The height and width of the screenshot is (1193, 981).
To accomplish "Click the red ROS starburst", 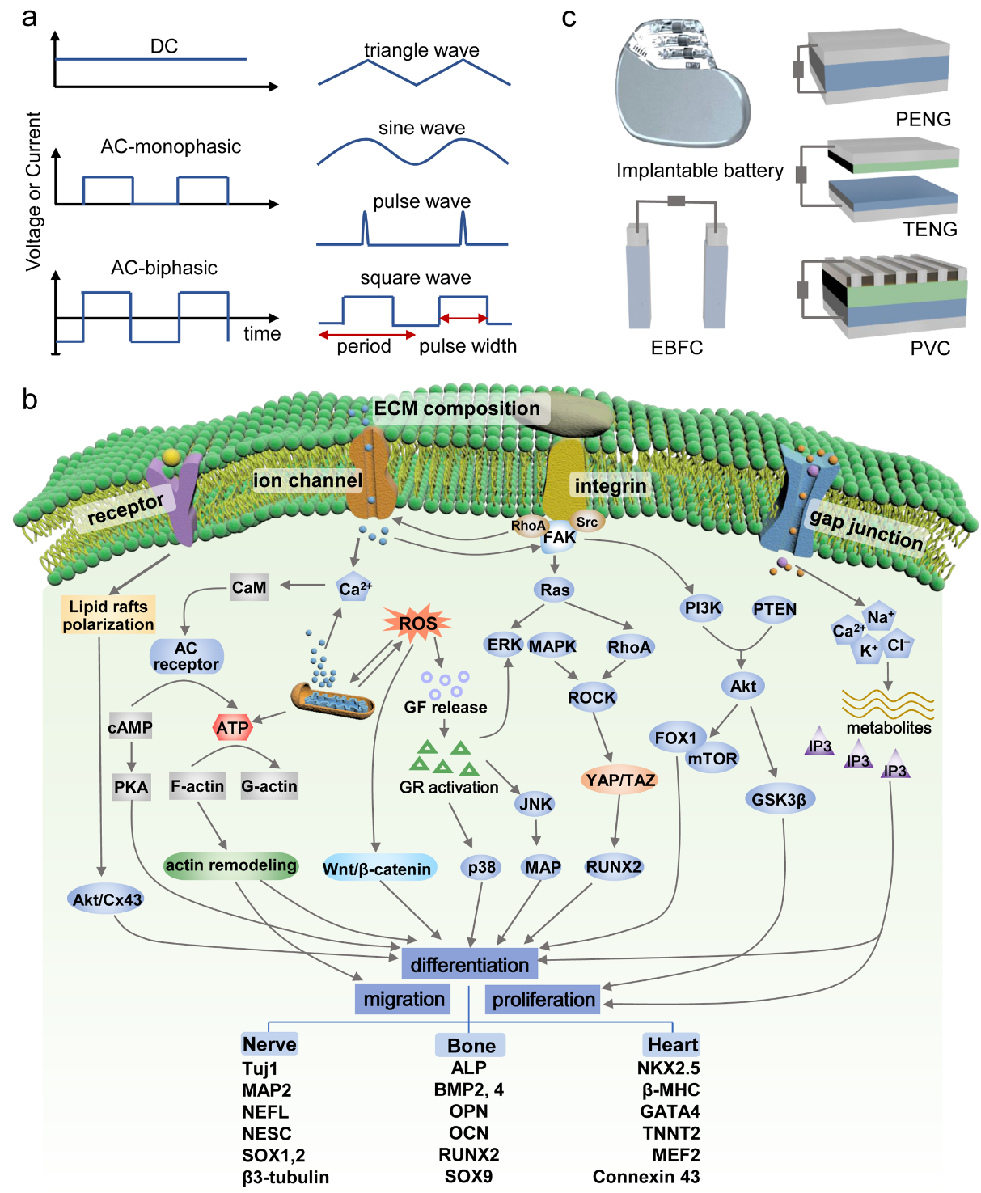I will (417, 624).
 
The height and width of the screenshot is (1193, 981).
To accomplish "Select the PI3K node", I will (702, 608).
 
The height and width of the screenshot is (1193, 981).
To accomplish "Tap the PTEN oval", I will (774, 609).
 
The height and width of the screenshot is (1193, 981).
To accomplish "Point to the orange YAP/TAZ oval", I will (620, 780).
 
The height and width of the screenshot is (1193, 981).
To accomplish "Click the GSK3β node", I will (779, 799).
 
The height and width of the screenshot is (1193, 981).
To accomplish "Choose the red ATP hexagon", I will (233, 728).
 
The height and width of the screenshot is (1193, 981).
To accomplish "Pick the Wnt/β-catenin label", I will (378, 869).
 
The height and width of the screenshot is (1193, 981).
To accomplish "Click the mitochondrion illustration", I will (332, 700).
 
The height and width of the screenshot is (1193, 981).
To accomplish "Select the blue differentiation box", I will (469, 964).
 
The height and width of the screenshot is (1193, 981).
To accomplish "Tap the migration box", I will (404, 999).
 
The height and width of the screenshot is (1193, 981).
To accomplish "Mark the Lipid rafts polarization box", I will (108, 616).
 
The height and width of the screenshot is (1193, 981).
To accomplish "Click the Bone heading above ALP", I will (471, 1045).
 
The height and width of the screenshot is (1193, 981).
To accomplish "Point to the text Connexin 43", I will (646, 1177).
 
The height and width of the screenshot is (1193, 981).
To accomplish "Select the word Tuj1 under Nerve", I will (260, 1068).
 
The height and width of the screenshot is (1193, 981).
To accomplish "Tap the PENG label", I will (923, 119).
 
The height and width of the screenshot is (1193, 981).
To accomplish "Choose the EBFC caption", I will (677, 348).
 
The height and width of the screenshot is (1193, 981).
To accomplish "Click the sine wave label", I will (421, 128).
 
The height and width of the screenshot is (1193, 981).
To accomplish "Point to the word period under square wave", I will (364, 346).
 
